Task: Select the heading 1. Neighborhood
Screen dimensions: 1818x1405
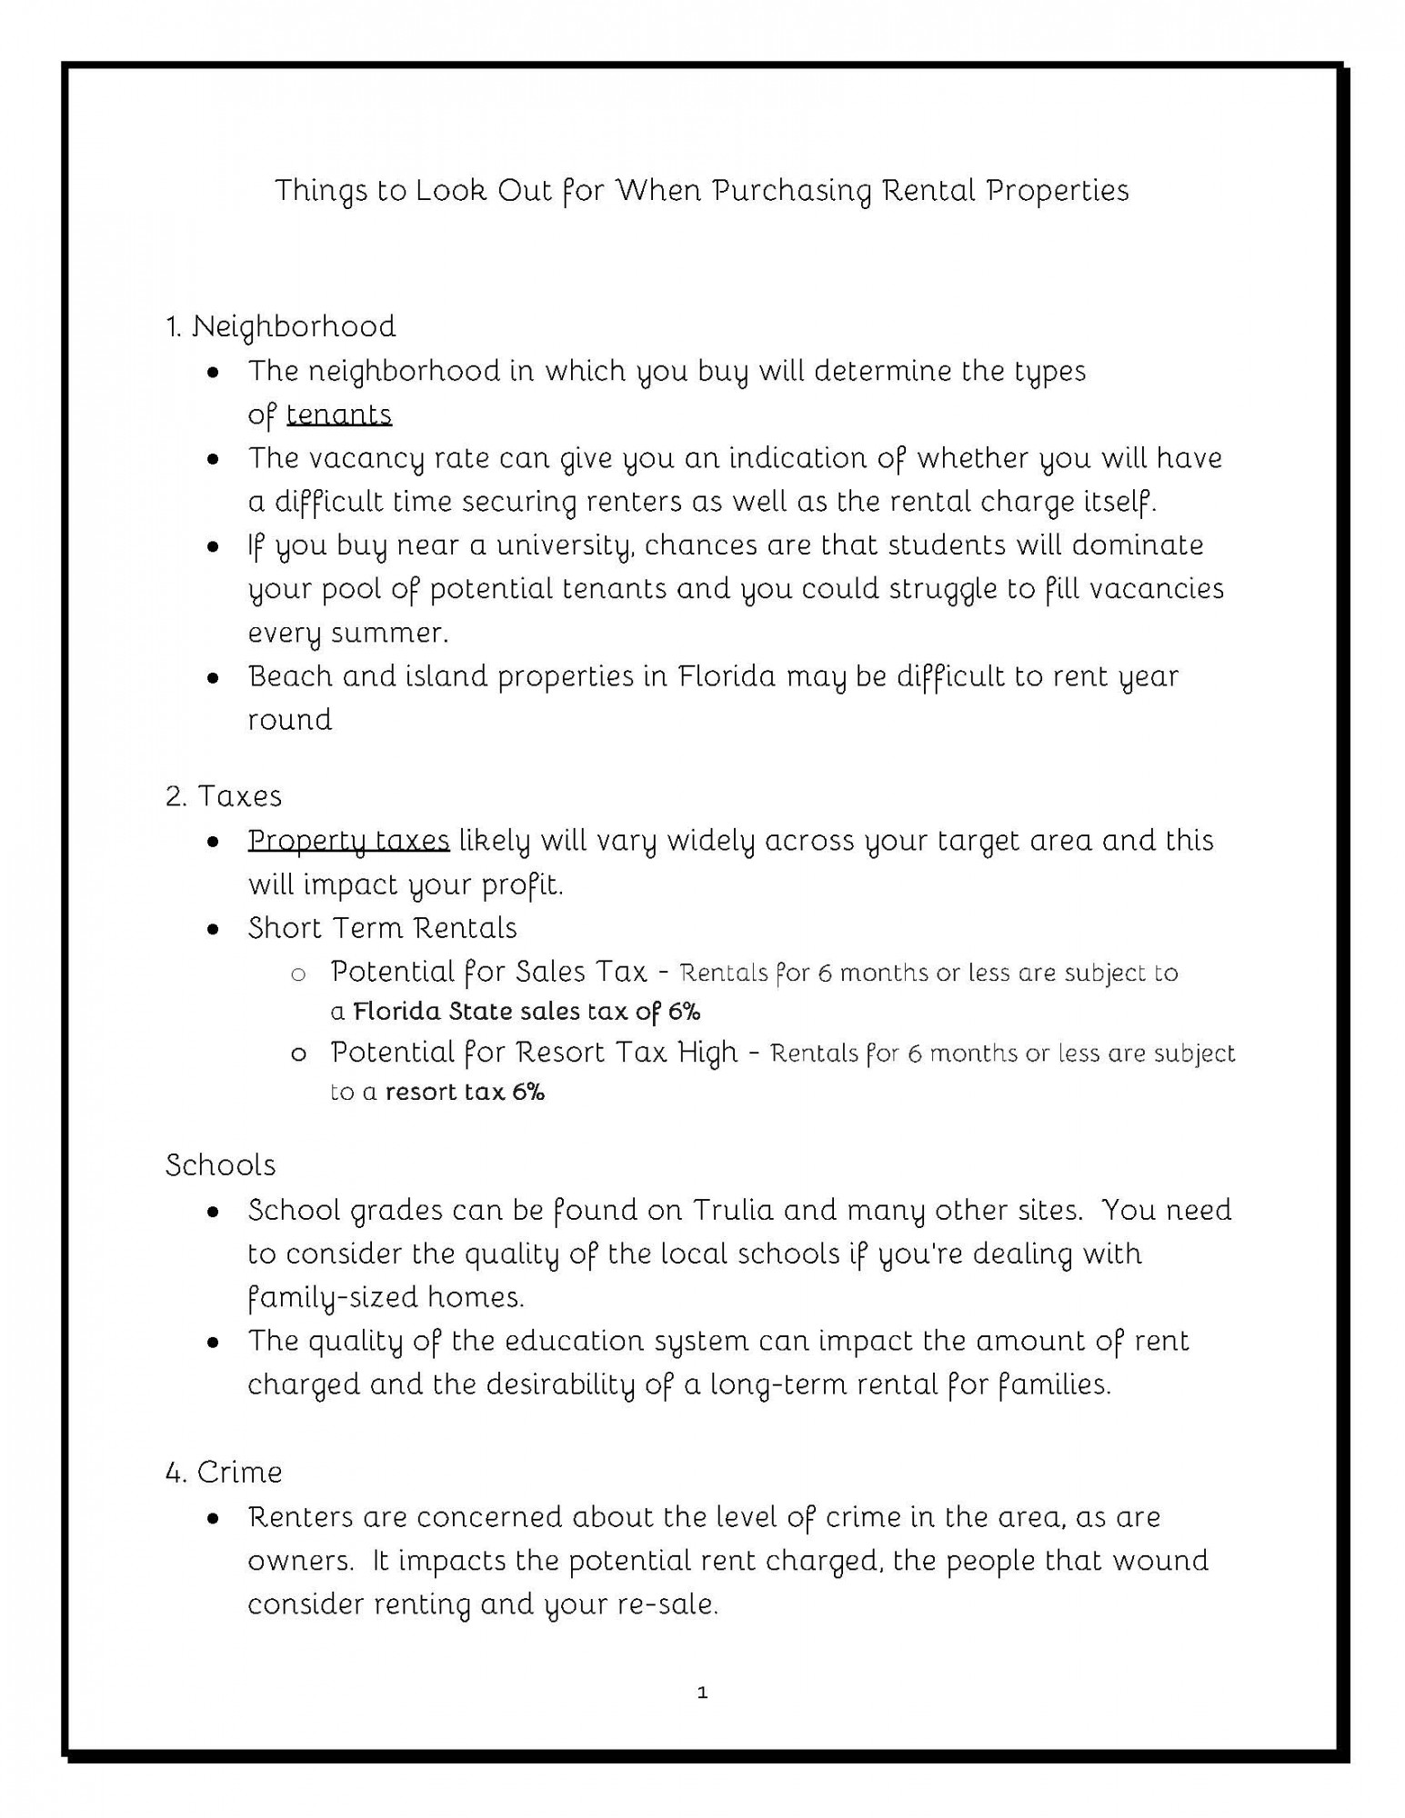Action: (281, 326)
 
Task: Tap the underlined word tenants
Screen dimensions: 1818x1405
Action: (338, 415)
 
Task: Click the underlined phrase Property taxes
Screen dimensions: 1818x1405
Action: (348, 841)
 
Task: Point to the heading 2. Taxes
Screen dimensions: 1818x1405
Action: (224, 796)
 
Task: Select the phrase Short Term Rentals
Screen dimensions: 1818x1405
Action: (382, 928)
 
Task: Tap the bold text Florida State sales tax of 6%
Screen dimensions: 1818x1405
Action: (527, 1012)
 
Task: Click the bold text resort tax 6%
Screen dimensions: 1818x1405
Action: (465, 1092)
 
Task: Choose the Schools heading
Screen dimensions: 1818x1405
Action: (221, 1165)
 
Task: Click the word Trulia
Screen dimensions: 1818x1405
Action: (732, 1211)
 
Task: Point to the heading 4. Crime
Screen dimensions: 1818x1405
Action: (224, 1473)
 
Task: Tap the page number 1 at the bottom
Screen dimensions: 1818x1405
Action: (702, 1693)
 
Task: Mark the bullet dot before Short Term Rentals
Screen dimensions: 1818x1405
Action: (213, 929)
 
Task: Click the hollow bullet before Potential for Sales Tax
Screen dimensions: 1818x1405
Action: (297, 974)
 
